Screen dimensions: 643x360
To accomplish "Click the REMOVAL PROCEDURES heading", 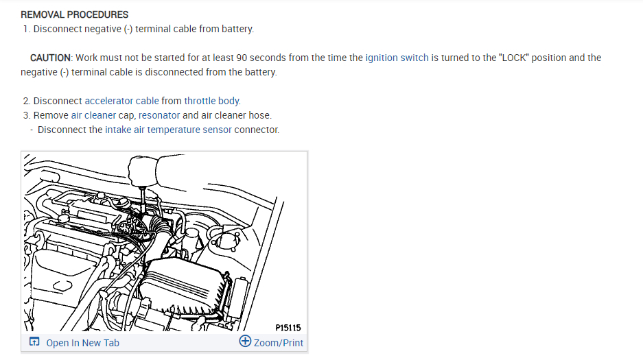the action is [74, 14].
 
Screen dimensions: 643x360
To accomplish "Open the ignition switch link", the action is [397, 58].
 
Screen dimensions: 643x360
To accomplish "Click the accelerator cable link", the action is [121, 101].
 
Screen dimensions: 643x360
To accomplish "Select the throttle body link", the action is [211, 101].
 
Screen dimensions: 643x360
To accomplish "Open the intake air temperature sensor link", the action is [168, 130].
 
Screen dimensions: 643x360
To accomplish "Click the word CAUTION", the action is [50, 58].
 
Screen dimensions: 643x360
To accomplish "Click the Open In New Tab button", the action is [82, 343].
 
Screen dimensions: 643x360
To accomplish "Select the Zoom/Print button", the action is [278, 343].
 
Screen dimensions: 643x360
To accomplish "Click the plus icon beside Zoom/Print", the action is [245, 341].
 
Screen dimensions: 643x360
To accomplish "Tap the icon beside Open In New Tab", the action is [34, 342].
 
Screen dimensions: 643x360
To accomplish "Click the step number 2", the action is [26, 101].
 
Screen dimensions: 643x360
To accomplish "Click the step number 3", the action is [26, 115].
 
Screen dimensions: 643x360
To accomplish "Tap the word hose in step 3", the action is [260, 115].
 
